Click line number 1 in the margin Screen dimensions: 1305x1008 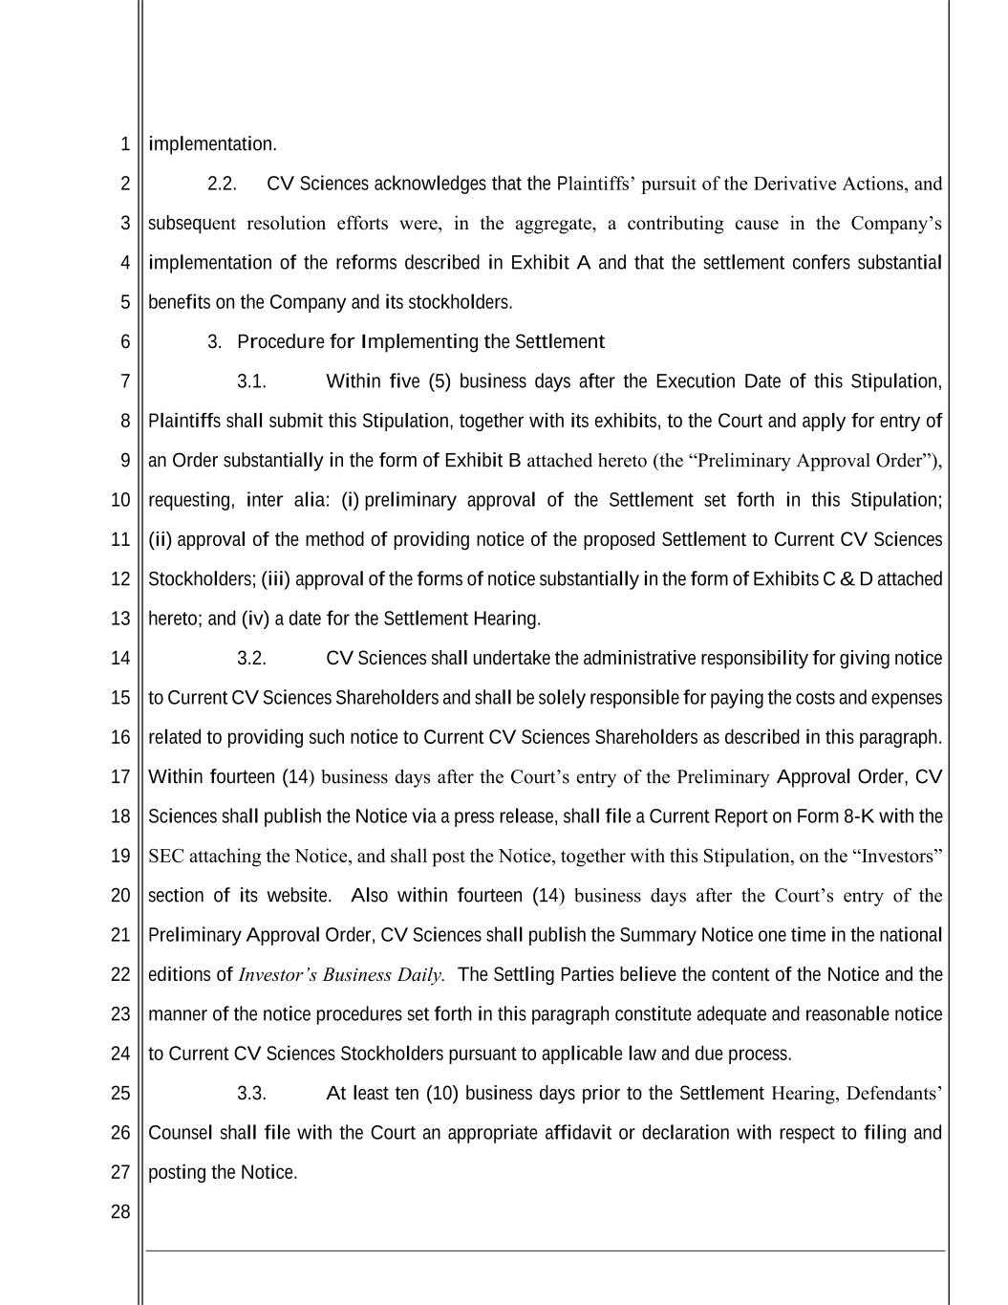[125, 144]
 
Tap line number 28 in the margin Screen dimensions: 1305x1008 [120, 1212]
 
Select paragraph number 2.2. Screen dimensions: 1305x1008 [222, 184]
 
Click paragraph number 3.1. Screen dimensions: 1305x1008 [251, 381]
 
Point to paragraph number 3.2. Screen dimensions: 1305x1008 [251, 658]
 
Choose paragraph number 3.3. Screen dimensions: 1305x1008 [251, 1093]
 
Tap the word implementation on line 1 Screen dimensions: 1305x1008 [211, 144]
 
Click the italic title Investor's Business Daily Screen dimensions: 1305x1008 [341, 975]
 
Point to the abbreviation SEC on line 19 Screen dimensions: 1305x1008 [166, 857]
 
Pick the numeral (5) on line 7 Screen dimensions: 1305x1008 [440, 381]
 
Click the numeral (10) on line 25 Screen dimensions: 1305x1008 [442, 1093]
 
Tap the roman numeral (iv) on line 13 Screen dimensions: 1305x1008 [255, 619]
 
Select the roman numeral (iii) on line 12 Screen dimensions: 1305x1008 [275, 579]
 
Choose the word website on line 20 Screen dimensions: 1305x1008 [297, 896]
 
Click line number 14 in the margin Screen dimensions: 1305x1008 [120, 658]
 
